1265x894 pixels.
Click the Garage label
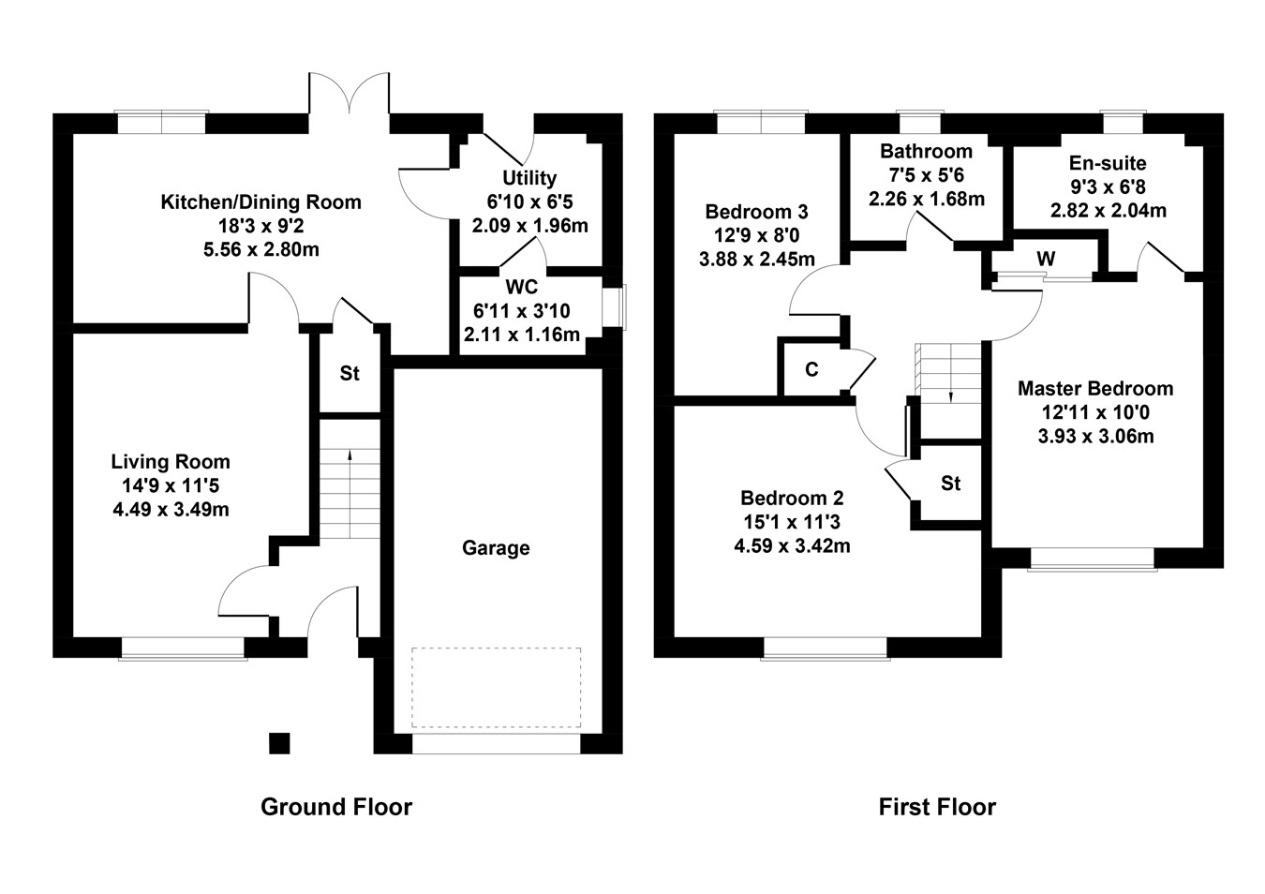(496, 548)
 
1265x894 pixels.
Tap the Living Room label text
(171, 462)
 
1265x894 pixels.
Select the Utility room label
(529, 178)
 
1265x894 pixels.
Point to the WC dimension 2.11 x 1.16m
(522, 335)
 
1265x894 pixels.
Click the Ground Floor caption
(336, 807)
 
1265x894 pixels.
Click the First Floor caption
(937, 807)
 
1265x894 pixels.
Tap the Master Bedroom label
(1095, 389)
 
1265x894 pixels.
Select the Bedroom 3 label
(756, 212)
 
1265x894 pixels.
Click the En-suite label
(1108, 164)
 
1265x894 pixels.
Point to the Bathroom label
(926, 152)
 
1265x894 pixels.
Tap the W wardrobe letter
(1047, 259)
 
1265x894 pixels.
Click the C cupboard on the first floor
(811, 370)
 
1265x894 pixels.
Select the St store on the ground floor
(350, 374)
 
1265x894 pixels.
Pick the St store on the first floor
(951, 484)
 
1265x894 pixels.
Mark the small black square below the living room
(279, 743)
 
